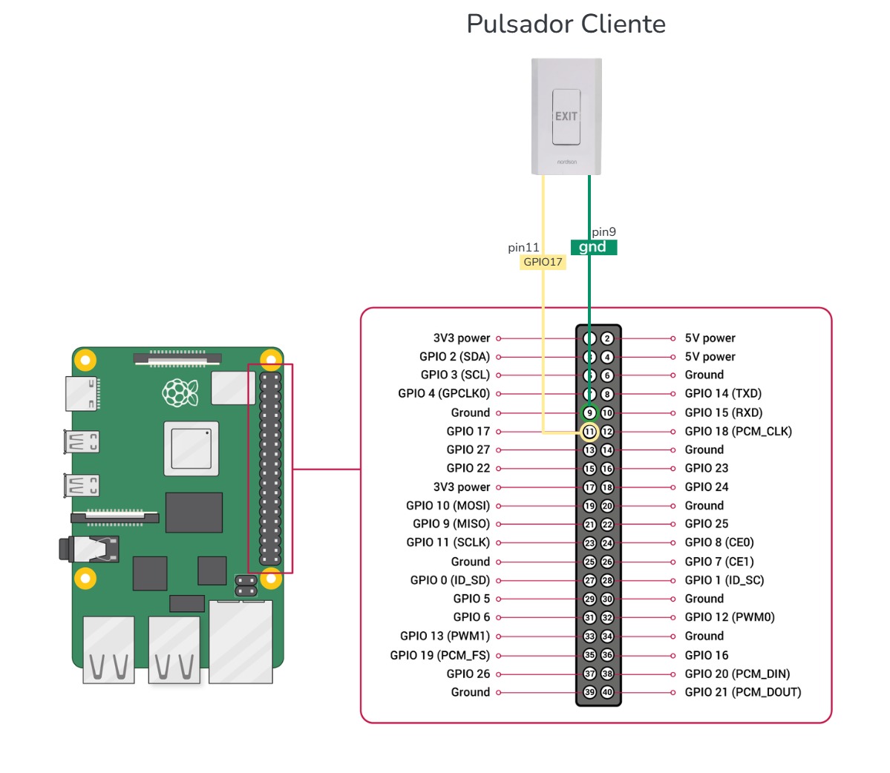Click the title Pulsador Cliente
pyautogui.click(x=566, y=24)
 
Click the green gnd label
pyautogui.click(x=593, y=247)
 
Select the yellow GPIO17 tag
pyautogui.click(x=543, y=262)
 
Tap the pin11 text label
pyautogui.click(x=523, y=247)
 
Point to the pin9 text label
pyautogui.click(x=603, y=232)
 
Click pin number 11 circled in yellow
pyautogui.click(x=589, y=432)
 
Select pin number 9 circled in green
pyautogui.click(x=589, y=413)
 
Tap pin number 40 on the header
pyautogui.click(x=607, y=692)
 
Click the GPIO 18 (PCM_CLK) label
pyautogui.click(x=738, y=431)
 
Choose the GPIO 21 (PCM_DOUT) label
pyautogui.click(x=742, y=692)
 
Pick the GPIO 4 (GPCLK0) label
pyautogui.click(x=444, y=393)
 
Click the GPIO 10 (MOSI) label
pyautogui.click(x=448, y=505)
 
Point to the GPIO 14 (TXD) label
pyautogui.click(x=723, y=393)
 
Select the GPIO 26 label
pyautogui.click(x=468, y=674)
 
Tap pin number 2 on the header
pyautogui.click(x=607, y=338)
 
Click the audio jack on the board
pyautogui.click(x=90, y=550)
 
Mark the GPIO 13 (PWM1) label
pyautogui.click(x=445, y=636)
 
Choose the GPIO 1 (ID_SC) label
pyautogui.click(x=724, y=580)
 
